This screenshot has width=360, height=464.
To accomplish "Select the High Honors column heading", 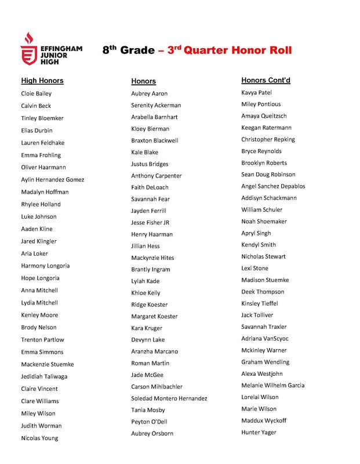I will (42, 81).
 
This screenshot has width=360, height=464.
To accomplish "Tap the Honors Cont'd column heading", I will (266, 80).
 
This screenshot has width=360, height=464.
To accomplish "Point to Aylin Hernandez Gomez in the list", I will (53, 180).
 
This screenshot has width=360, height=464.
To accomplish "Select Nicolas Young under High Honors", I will (39, 438).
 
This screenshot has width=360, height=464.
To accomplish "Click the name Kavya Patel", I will (257, 93).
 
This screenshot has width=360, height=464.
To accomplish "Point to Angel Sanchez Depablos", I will (273, 186).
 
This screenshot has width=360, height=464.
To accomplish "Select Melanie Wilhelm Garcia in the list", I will (273, 385).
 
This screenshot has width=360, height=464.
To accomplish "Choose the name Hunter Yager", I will (259, 432).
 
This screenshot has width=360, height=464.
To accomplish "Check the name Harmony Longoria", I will (45, 266).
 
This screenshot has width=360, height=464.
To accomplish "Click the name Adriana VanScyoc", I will (264, 338).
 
